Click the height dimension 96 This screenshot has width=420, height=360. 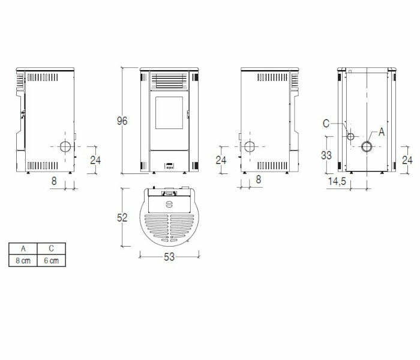click(x=122, y=121)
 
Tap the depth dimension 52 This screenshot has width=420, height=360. click(x=122, y=217)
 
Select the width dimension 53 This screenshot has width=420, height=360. click(x=169, y=257)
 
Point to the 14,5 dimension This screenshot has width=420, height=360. click(x=337, y=181)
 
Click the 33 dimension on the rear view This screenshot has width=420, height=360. click(x=326, y=155)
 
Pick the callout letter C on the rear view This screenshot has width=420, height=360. click(x=326, y=124)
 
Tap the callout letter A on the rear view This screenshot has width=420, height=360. click(x=382, y=132)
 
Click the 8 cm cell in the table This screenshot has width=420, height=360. click(x=23, y=260)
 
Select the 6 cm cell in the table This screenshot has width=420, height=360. click(x=52, y=260)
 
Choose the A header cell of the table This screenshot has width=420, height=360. click(x=23, y=248)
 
